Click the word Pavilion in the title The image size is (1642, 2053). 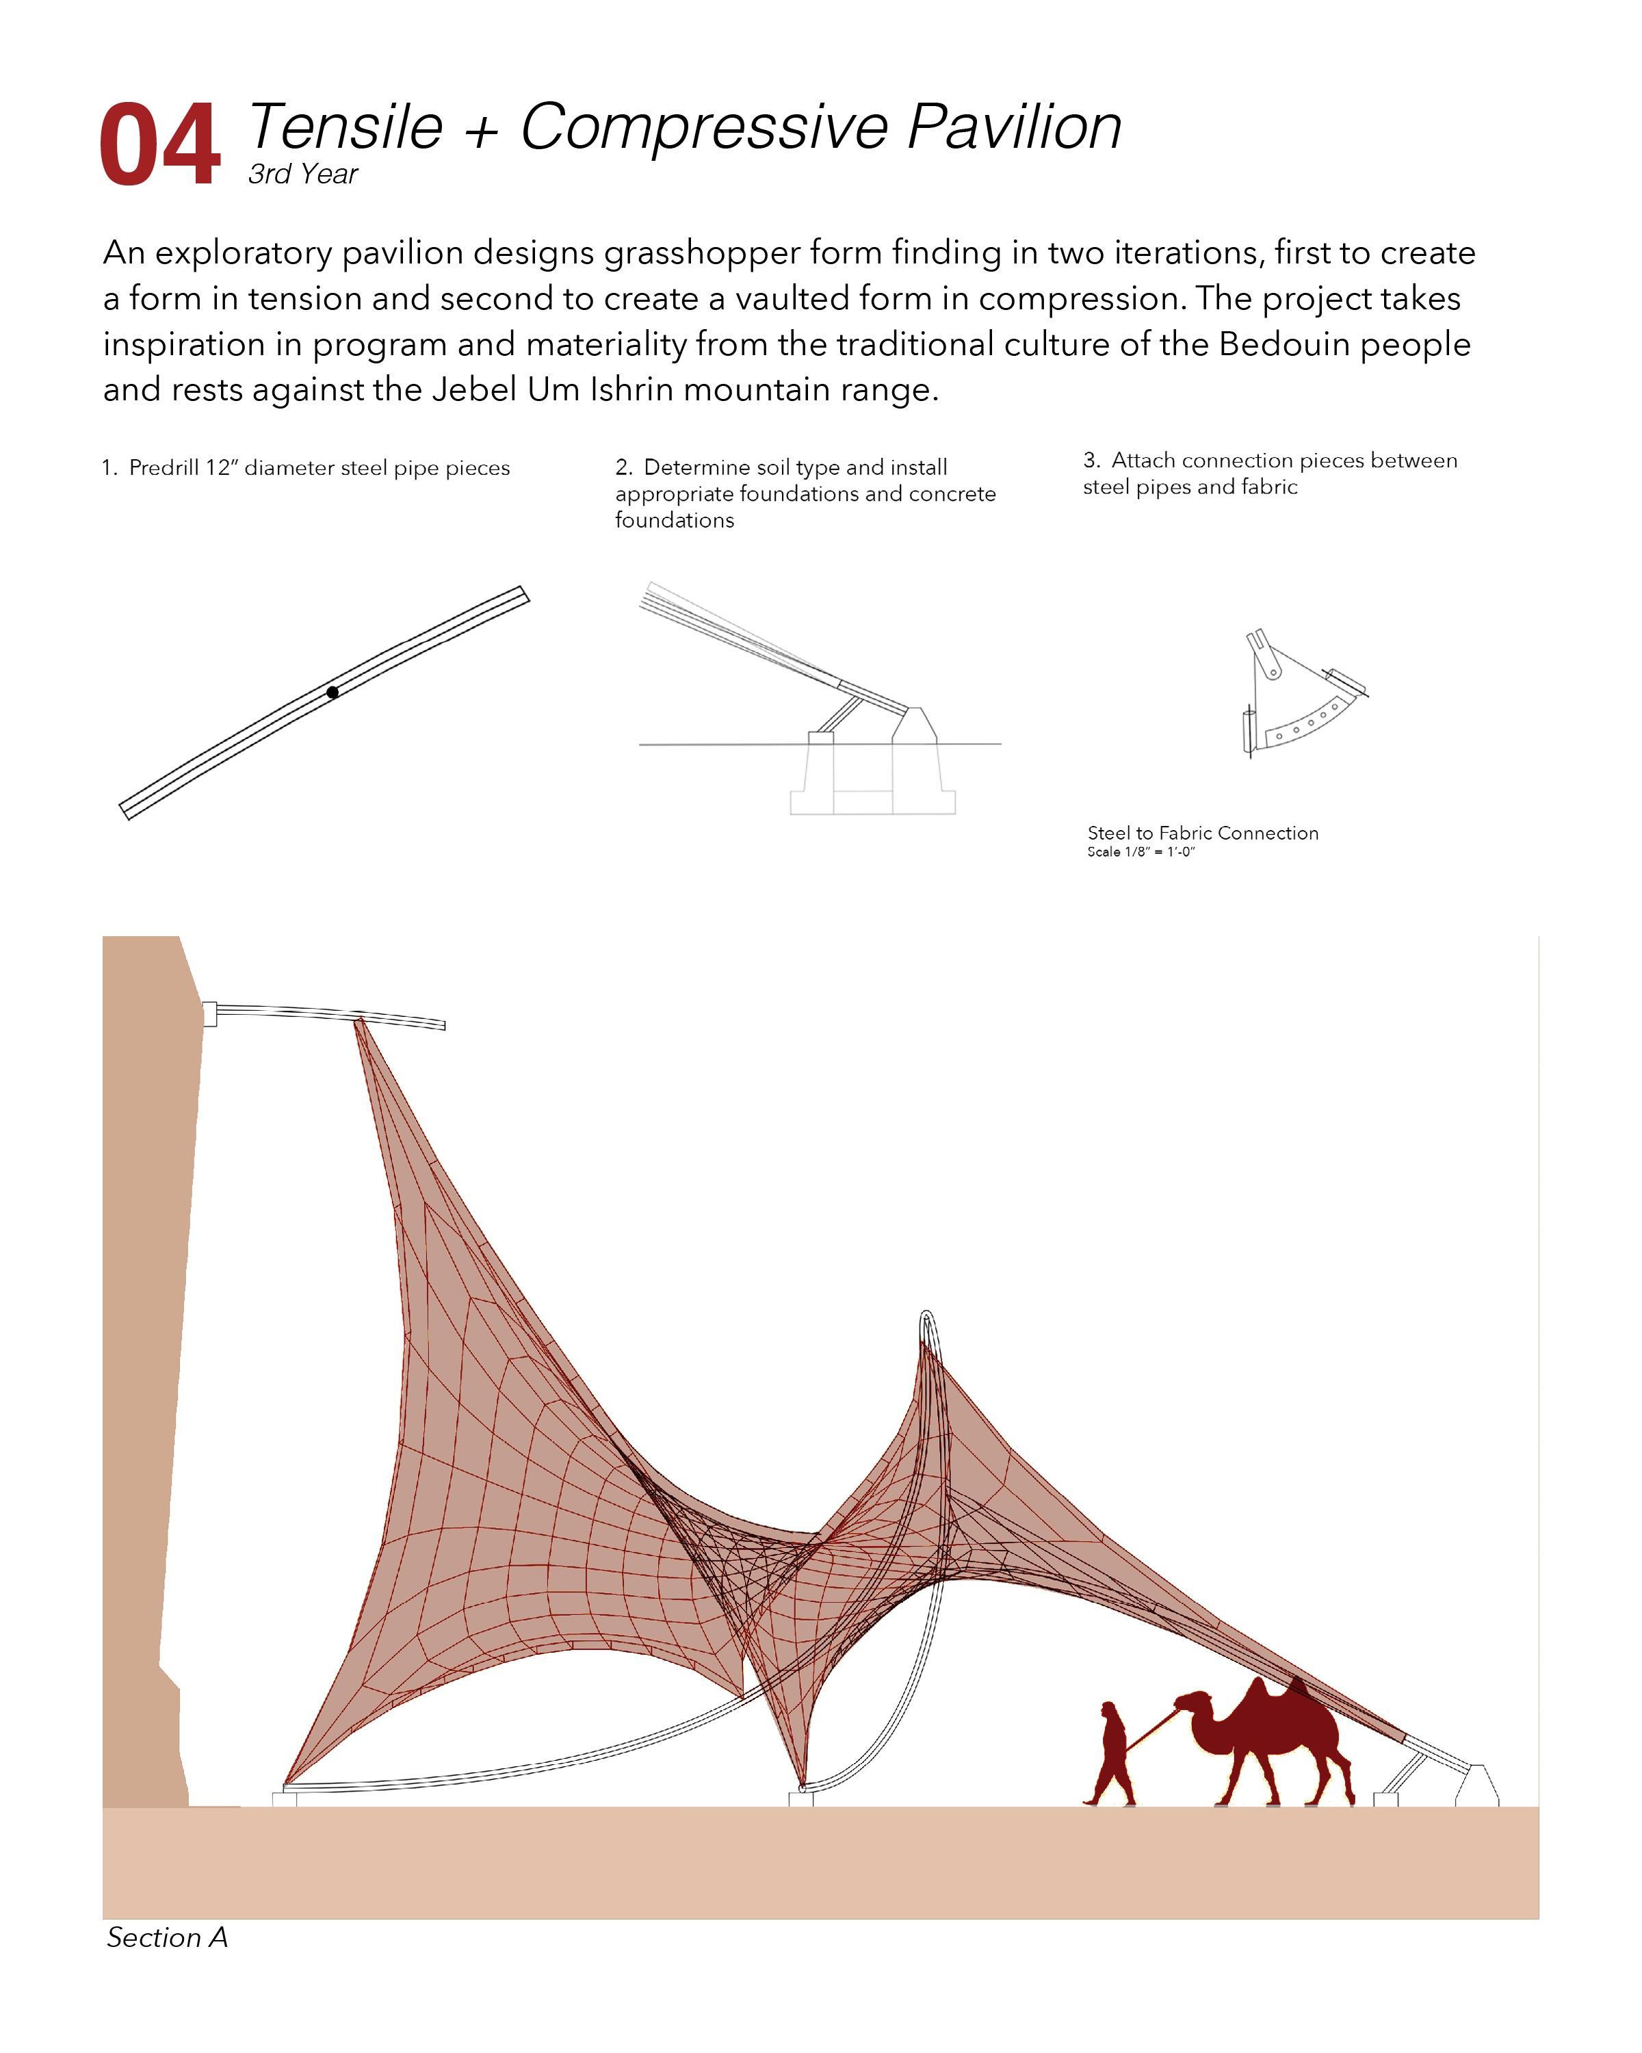pyautogui.click(x=1014, y=127)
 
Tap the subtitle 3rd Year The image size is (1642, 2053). pyautogui.click(x=302, y=175)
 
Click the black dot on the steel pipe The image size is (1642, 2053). pyautogui.click(x=333, y=693)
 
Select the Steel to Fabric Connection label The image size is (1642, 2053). pyautogui.click(x=1202, y=834)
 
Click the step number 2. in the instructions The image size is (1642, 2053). pyautogui.click(x=623, y=467)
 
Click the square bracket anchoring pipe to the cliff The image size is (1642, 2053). pyautogui.click(x=209, y=1013)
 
